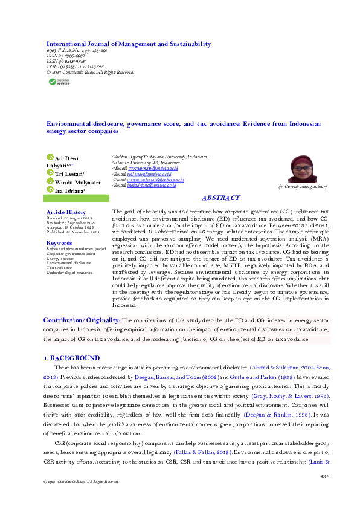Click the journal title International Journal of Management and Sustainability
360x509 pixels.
tap(129, 44)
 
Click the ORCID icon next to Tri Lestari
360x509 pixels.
tap(50, 173)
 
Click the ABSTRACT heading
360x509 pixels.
tap(220, 198)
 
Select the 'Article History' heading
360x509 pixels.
tap(66, 213)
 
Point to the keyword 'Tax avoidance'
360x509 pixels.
tap(61, 268)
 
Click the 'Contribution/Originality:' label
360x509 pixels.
tap(82, 320)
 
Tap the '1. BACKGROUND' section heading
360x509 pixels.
tap(73, 358)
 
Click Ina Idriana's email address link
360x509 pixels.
tap(148, 186)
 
